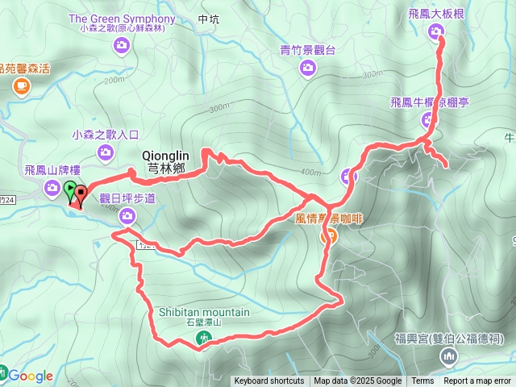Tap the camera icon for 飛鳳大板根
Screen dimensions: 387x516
click(x=436, y=32)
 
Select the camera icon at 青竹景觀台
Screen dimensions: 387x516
click(x=307, y=68)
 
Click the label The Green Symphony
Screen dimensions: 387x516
click(x=122, y=18)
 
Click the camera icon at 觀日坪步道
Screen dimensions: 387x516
click(x=127, y=215)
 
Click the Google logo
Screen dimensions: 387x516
click(x=31, y=376)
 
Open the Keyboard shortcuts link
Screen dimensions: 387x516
click(x=269, y=381)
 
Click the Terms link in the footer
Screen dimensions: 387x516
click(x=422, y=381)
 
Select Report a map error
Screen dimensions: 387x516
click(x=477, y=381)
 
